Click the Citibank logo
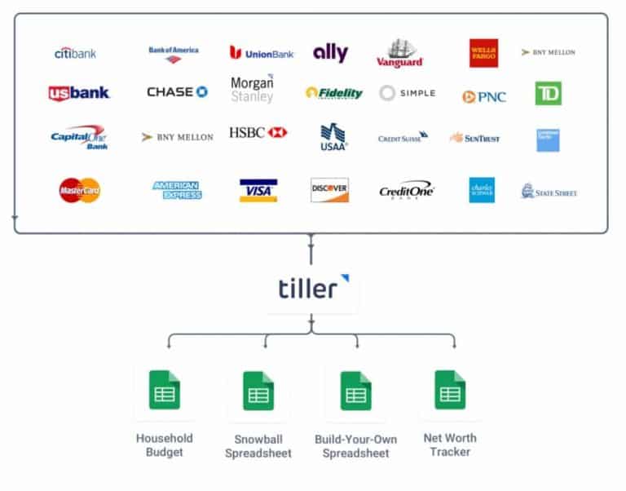[75, 53]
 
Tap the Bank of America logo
[174, 54]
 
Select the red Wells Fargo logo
[483, 53]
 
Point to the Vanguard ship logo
[400, 53]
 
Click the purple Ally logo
[330, 54]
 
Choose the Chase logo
[177, 92]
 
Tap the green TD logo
[548, 94]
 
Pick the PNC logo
[484, 96]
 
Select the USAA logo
[333, 136]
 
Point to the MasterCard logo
[80, 190]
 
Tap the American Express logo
[177, 190]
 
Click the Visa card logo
[258, 190]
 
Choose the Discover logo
[329, 190]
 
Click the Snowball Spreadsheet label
[258, 446]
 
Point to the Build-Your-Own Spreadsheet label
[355, 446]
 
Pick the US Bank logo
[79, 93]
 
